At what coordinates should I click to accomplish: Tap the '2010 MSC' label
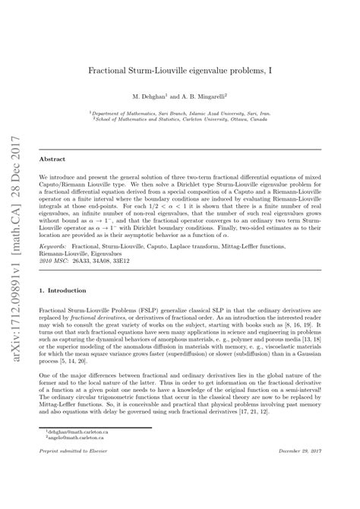(52, 261)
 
